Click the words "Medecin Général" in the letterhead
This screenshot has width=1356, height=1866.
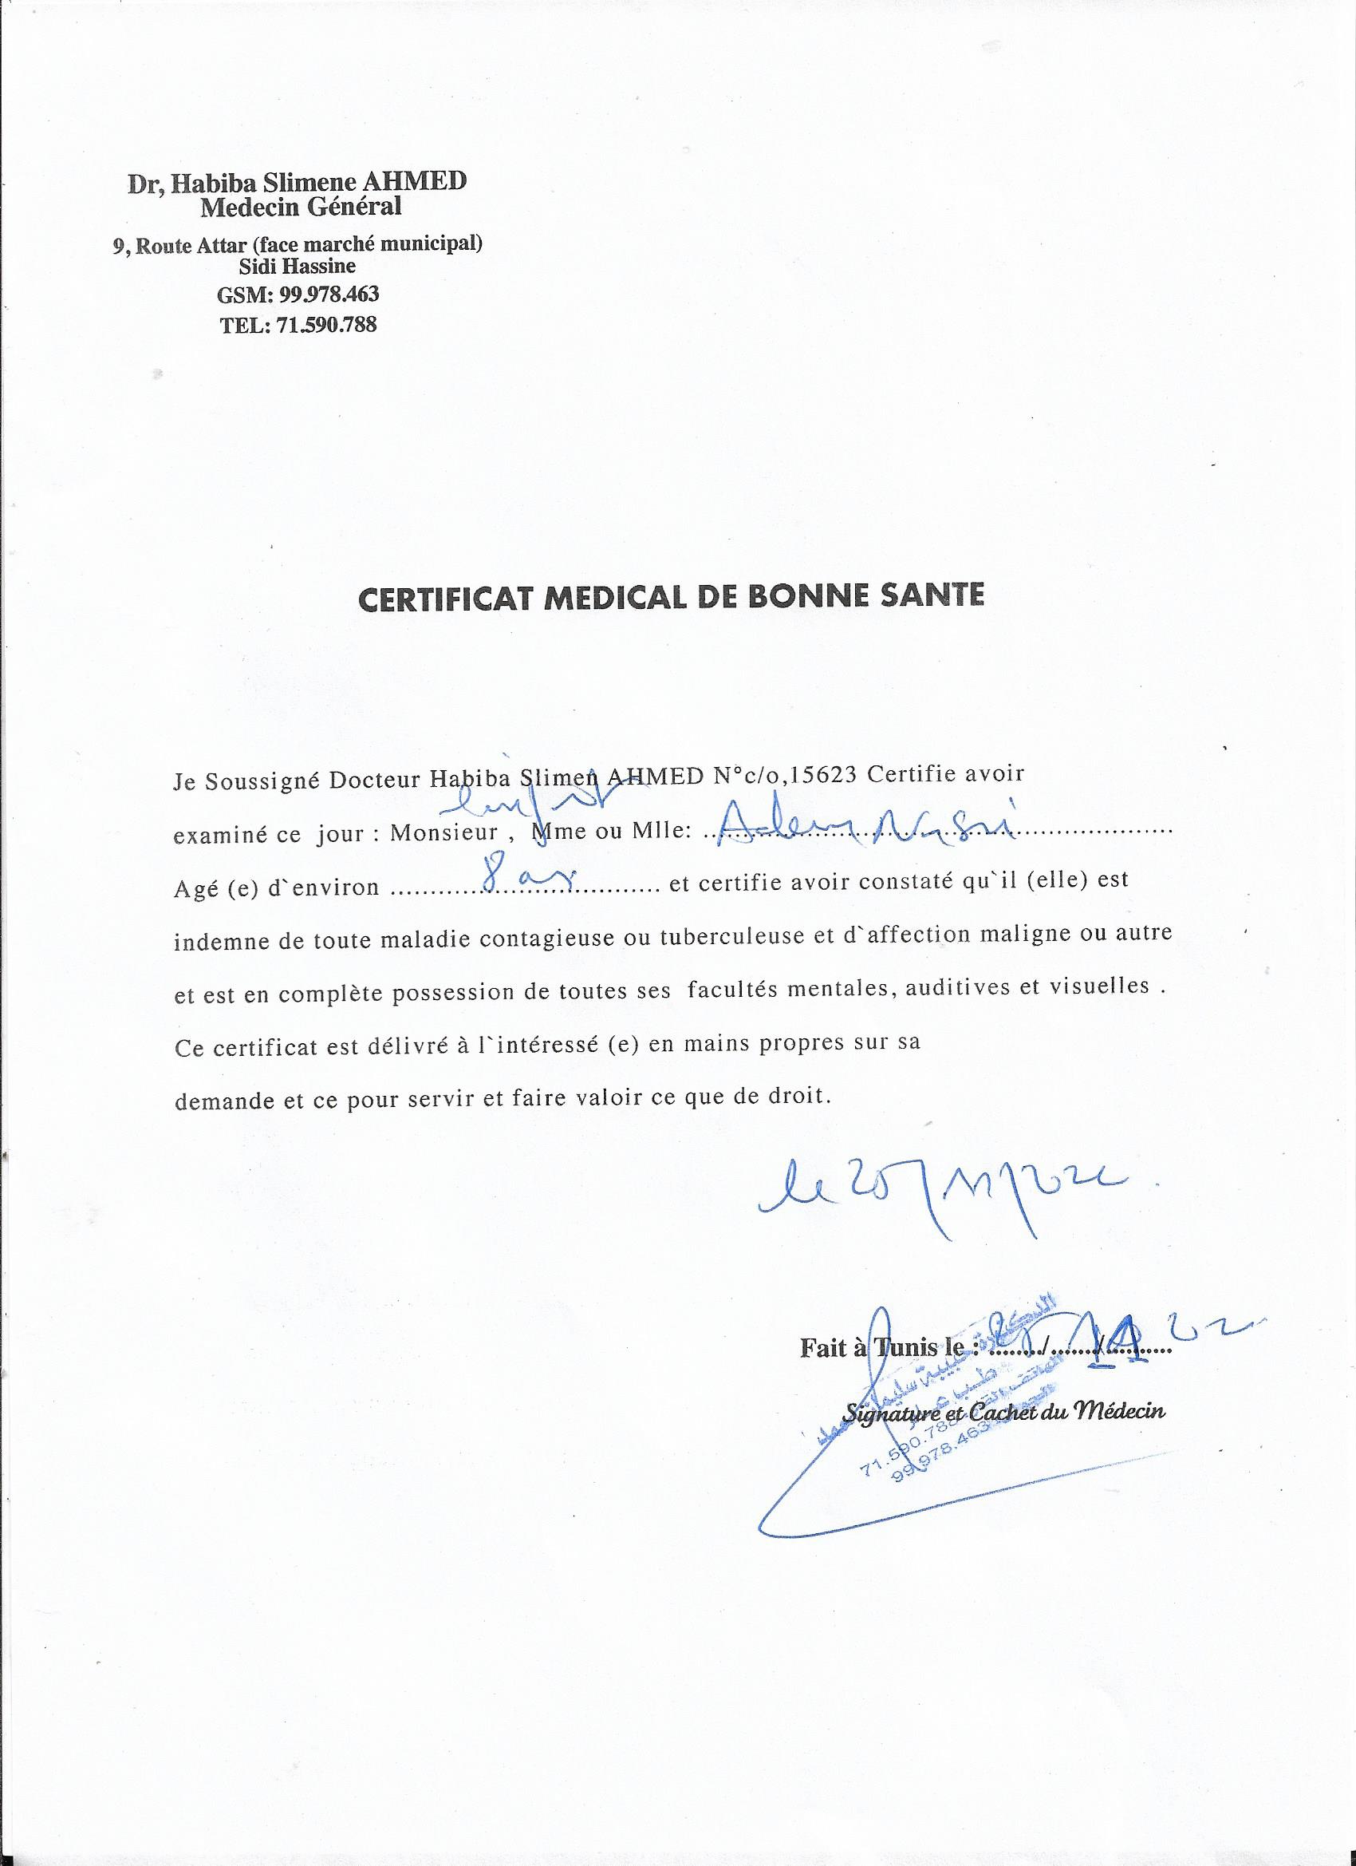point(301,207)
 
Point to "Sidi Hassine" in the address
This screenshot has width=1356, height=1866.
point(297,266)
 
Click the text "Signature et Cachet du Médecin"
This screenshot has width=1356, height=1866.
point(1004,1412)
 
